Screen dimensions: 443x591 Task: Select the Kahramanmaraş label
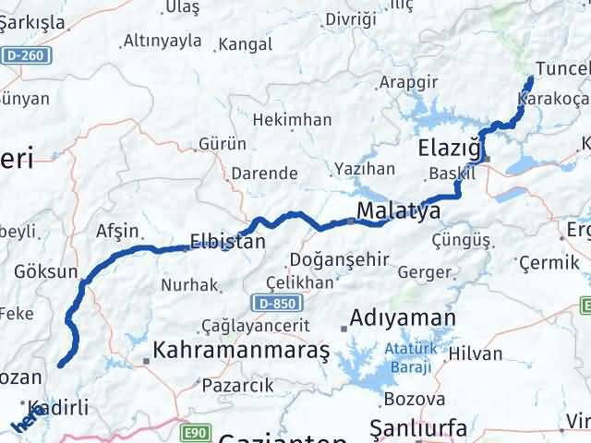pos(242,350)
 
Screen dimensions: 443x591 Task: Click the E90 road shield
pos(193,431)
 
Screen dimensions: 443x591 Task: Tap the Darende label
pos(264,173)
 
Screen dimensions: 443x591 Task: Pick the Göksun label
pos(45,271)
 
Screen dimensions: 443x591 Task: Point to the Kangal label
pos(246,43)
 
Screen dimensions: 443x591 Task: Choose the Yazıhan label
pos(365,169)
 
